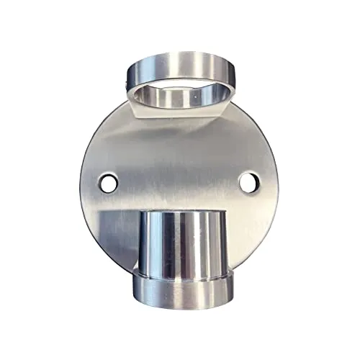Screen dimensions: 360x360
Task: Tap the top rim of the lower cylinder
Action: tap(180, 214)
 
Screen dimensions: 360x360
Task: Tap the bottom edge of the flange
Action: tap(180, 305)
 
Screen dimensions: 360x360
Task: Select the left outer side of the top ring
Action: tap(130, 79)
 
